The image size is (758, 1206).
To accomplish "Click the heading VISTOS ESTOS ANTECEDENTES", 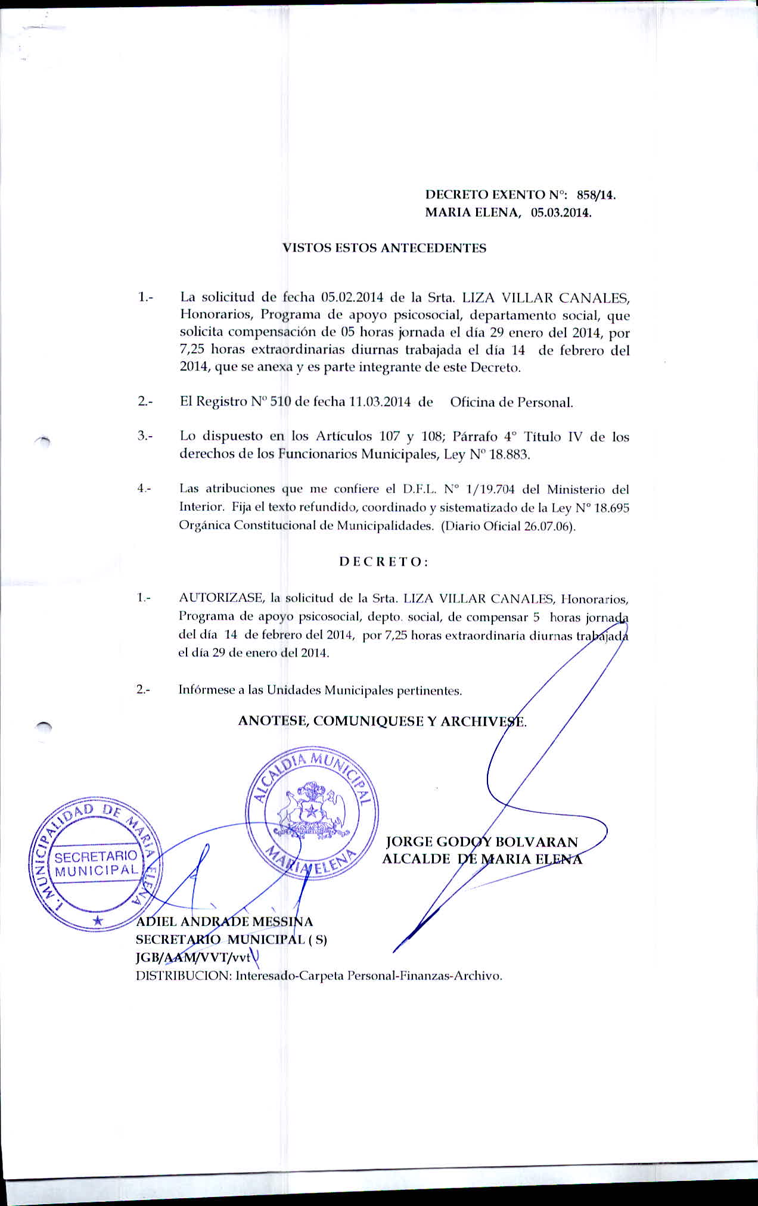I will pyautogui.click(x=384, y=248).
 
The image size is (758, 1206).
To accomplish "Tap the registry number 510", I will pyautogui.click(x=281, y=402).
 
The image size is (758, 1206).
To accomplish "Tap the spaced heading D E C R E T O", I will pyautogui.click(x=383, y=562).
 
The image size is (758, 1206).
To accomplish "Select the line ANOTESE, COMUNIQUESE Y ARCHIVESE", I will pyautogui.click(x=382, y=721).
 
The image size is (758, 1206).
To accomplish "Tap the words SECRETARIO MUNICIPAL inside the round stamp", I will pyautogui.click(x=97, y=863).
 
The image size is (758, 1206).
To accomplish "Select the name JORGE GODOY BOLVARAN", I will pyautogui.click(x=482, y=842).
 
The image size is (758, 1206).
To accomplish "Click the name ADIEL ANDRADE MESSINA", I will pyautogui.click(x=225, y=922).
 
